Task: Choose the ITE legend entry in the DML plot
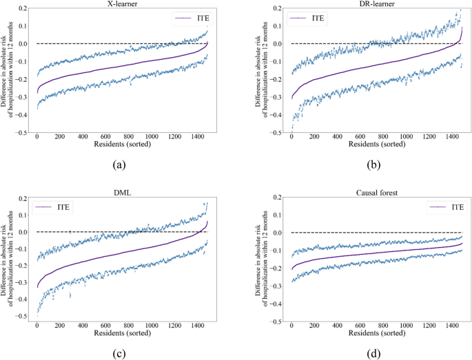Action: [65, 207]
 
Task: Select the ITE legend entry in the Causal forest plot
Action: [442, 207]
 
